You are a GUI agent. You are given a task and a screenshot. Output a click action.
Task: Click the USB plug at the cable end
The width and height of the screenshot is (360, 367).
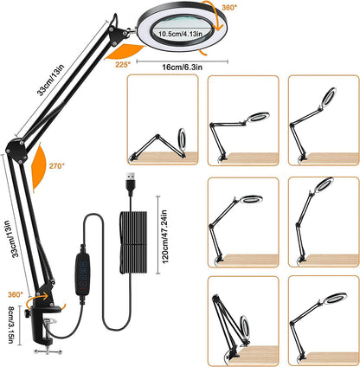point(131,184)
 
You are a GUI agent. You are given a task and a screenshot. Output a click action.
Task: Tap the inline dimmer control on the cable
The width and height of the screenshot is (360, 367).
point(83,274)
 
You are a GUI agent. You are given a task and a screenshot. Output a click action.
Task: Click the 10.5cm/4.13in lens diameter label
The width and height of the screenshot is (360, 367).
point(181,34)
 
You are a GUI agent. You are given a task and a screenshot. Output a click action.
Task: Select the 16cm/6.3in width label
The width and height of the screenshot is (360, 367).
point(182,68)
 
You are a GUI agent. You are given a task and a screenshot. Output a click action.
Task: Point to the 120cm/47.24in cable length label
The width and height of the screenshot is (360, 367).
point(165,236)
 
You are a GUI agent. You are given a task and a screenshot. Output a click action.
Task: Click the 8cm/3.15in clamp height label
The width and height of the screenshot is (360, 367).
point(10,325)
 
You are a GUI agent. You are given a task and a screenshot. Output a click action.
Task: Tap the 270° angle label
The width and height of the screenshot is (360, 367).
point(57,166)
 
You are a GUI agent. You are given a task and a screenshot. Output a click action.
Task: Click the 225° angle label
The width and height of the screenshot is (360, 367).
point(123,65)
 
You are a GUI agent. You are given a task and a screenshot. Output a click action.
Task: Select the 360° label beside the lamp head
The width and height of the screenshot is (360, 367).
point(229,8)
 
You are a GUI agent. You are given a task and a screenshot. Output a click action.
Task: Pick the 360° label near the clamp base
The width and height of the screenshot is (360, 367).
point(16,294)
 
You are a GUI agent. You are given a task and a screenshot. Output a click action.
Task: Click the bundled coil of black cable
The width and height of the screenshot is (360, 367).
point(133,242)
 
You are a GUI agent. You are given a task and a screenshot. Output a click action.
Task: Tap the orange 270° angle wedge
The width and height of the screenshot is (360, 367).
point(39,167)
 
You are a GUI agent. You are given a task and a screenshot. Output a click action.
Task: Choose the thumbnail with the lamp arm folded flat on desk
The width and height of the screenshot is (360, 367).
point(163,119)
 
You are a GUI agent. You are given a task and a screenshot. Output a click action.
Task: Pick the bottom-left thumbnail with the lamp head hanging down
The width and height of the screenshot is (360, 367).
point(243,321)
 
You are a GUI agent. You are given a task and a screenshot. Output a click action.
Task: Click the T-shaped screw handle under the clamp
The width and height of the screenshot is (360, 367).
point(48,351)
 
